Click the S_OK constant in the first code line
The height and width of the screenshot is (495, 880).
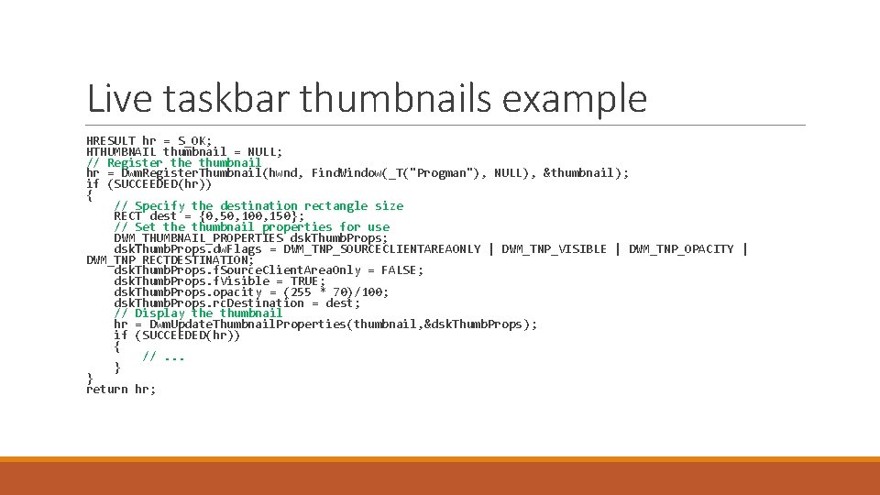tap(194, 141)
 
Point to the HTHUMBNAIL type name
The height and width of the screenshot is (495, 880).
tap(121, 151)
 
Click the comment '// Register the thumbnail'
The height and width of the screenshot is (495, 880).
tap(173, 162)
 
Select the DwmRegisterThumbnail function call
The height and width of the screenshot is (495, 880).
tap(192, 173)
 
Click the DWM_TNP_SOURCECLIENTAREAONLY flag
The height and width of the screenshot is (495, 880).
tap(382, 248)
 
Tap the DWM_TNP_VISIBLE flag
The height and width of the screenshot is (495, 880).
tap(554, 248)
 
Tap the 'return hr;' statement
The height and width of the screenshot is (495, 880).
tap(121, 390)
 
